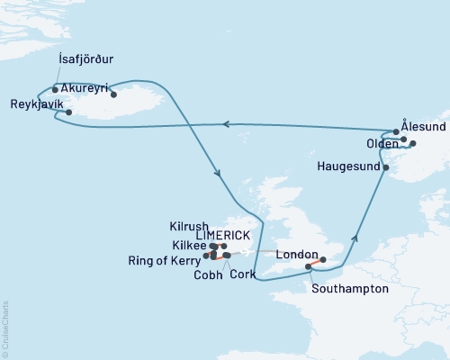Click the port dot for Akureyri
tap(114, 94)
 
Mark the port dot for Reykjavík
tap(69, 112)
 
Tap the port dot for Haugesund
tap(385, 167)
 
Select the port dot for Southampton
tap(309, 266)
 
